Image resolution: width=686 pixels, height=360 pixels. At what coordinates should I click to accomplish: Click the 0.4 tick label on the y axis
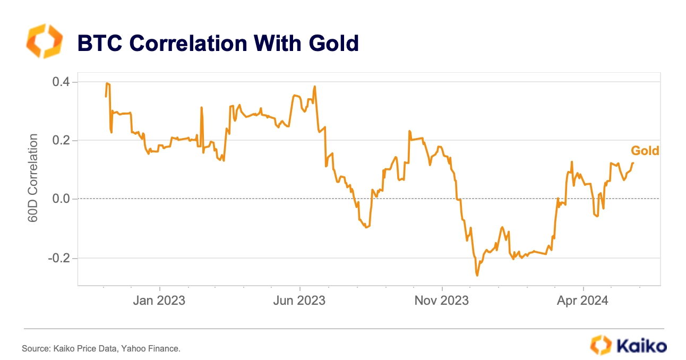click(x=63, y=82)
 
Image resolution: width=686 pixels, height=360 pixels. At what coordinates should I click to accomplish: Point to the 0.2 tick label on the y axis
click(x=63, y=141)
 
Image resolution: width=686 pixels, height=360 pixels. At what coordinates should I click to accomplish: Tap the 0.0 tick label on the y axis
click(x=63, y=199)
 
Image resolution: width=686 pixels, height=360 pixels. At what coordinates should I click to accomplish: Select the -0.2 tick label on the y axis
click(x=61, y=258)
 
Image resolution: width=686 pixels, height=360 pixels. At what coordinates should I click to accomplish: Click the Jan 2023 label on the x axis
click(x=159, y=301)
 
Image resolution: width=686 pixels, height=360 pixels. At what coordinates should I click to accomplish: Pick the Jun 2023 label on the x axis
click(x=299, y=301)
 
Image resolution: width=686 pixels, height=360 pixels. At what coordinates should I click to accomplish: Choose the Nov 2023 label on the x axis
click(x=442, y=301)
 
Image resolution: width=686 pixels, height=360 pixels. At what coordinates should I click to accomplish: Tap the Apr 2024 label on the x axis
click(x=582, y=301)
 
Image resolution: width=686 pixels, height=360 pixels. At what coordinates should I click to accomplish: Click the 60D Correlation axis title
click(x=33, y=177)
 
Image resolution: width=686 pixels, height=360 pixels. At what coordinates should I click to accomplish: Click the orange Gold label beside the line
click(x=645, y=151)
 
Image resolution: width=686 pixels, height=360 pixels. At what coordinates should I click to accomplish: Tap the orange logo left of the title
click(x=44, y=41)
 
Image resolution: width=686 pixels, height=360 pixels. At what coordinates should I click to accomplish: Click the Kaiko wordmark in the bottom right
click(x=641, y=346)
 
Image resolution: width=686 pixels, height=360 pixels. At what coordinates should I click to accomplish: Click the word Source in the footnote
click(x=33, y=349)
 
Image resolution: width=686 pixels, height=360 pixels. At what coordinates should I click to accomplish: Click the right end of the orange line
click(x=633, y=163)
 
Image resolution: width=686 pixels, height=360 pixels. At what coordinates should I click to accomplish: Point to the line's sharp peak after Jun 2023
click(x=315, y=87)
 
